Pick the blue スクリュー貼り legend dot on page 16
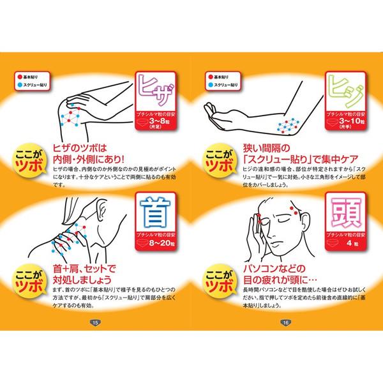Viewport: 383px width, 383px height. point(209,84)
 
